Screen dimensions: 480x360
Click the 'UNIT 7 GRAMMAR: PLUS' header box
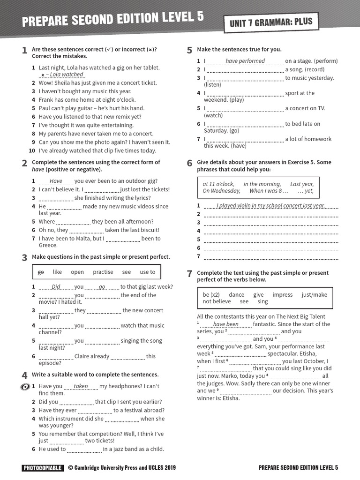pyautogui.click(x=270, y=22)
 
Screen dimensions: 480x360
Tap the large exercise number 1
pyautogui.click(x=24, y=51)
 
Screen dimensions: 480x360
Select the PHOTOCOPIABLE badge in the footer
pyautogui.click(x=42, y=467)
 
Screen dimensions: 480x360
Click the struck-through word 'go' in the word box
pyautogui.click(x=41, y=272)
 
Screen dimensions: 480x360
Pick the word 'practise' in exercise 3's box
pyautogui.click(x=103, y=272)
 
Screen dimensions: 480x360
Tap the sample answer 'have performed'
pyautogui.click(x=245, y=61)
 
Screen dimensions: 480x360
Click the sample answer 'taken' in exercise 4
pyautogui.click(x=81, y=386)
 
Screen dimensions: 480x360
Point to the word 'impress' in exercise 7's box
pyautogui.click(x=282, y=295)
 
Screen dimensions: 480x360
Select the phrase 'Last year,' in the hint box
pyautogui.click(x=302, y=184)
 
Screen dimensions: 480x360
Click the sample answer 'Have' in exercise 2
pyautogui.click(x=56, y=181)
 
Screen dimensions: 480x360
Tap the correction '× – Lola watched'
pyautogui.click(x=62, y=75)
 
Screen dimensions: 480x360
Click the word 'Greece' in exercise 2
pyautogui.click(x=47, y=245)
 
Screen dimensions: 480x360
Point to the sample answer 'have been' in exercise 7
pyautogui.click(x=225, y=324)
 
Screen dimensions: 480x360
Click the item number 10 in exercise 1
pyautogui.click(x=32, y=150)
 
